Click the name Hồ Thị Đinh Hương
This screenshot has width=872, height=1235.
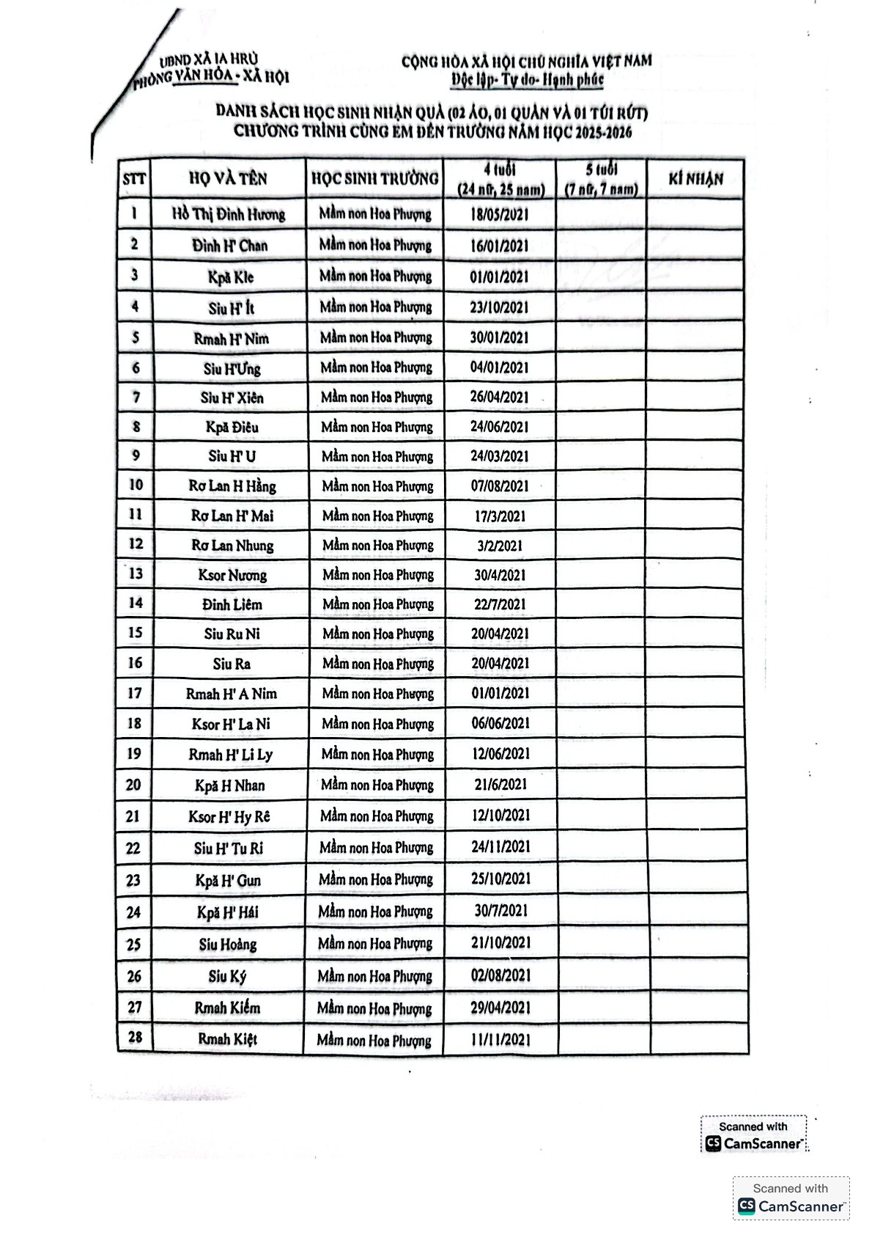229,214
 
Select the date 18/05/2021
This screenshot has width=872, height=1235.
499,215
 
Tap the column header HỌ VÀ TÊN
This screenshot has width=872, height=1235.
228,178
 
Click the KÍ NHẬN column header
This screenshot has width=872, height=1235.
695,178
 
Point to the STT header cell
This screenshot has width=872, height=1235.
134,179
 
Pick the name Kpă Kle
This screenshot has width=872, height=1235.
230,277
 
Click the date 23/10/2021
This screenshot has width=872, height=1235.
499,307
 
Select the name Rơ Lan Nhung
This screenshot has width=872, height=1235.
232,546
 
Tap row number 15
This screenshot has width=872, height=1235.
136,633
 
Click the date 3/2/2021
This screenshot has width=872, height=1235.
500,546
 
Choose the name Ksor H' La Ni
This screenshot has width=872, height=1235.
231,725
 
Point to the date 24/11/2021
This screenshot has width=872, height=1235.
500,847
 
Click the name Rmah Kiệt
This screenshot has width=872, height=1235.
228,1039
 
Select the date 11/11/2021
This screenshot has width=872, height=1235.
500,1039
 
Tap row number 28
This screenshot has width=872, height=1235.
135,1038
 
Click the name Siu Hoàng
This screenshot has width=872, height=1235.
228,945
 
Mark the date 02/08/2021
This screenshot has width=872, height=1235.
500,975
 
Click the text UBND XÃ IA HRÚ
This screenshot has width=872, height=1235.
209,59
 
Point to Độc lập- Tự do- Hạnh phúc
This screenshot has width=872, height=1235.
527,79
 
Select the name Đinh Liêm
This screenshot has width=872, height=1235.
232,605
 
